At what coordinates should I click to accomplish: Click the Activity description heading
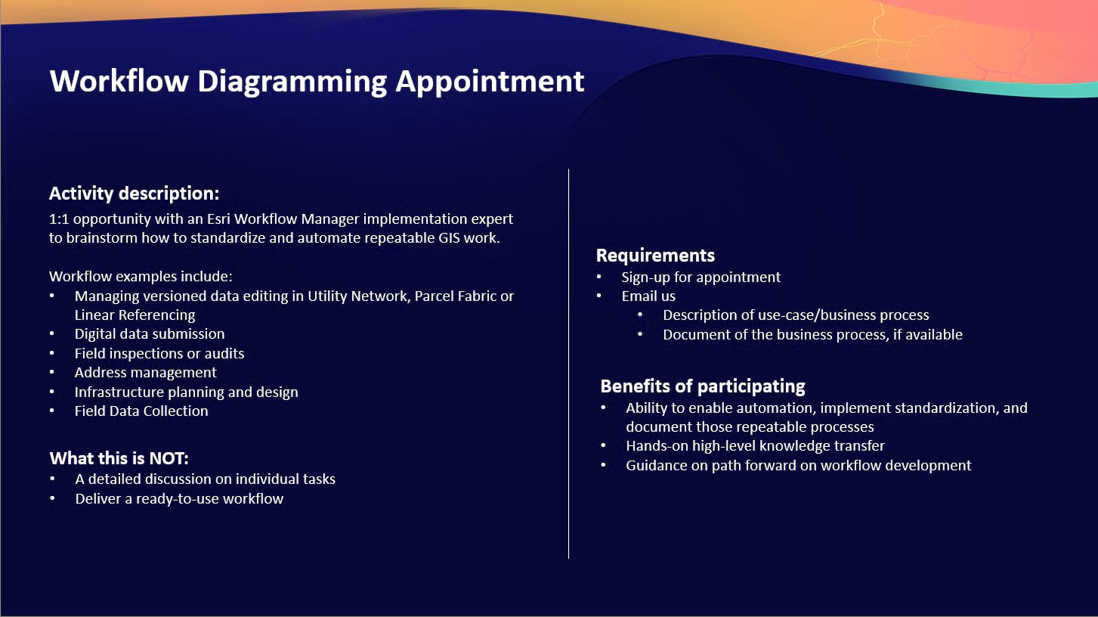coord(134,194)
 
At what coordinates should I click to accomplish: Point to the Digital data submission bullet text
coord(149,334)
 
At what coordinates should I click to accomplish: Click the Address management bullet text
coord(145,373)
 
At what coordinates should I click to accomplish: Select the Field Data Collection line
coord(141,411)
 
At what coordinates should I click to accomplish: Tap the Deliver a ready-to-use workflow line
coord(179,499)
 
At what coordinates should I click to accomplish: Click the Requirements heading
coord(655,256)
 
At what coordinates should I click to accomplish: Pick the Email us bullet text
coord(648,296)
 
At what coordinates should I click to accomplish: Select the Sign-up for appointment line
coord(701,277)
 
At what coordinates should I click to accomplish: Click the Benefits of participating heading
coord(702,386)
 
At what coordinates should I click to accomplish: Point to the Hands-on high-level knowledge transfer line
coord(755,446)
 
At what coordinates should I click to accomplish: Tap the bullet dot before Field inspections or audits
coord(52,354)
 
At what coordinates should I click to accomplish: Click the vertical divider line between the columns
coord(568,363)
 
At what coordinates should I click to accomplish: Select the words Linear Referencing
coord(135,315)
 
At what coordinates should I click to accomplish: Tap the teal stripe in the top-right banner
coord(1058,91)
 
